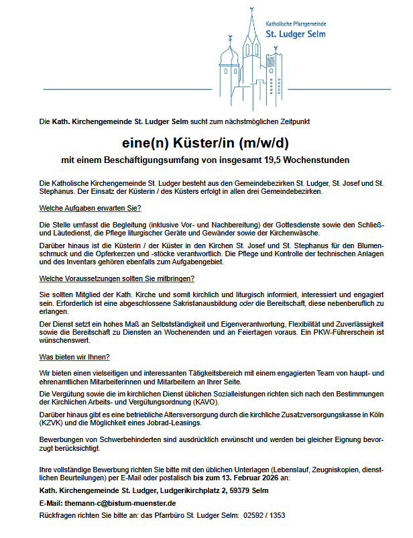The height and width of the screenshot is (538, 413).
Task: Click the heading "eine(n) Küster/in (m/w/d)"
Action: pos(206,143)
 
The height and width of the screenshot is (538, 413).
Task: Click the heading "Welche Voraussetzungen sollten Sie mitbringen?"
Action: pos(117,278)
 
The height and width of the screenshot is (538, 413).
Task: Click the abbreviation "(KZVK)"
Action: pos(52,425)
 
